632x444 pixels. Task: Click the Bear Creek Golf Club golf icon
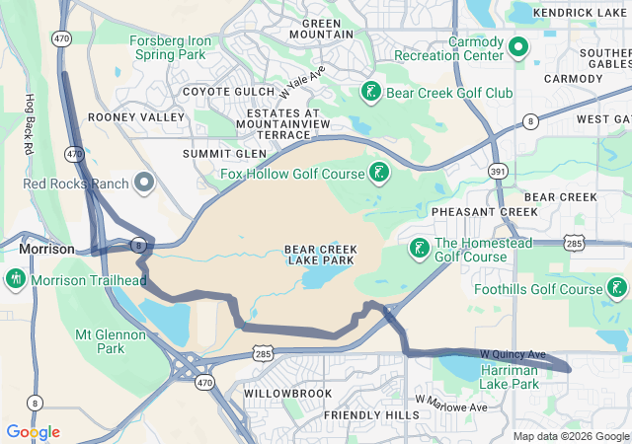[370, 93]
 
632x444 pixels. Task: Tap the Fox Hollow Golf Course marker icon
[376, 175]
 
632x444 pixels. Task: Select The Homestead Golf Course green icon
[419, 249]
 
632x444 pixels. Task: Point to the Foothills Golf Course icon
[616, 289]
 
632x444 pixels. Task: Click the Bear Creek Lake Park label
[320, 255]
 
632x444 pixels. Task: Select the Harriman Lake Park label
[509, 376]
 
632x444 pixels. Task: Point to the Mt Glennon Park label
[111, 341]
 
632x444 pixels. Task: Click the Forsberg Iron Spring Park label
[170, 47]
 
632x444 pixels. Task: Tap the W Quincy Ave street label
[513, 354]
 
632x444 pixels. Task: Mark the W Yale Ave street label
[301, 81]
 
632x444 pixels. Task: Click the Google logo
[33, 432]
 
